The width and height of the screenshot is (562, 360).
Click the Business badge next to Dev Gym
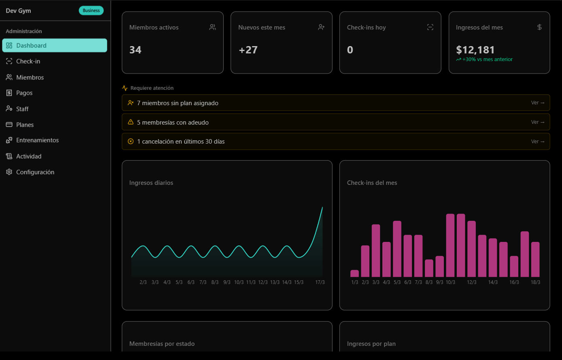tap(91, 11)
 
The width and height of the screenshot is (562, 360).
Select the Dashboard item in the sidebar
tap(55, 45)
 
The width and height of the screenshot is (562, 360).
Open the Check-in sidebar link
tap(28, 61)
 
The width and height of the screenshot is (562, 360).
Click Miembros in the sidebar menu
tap(30, 77)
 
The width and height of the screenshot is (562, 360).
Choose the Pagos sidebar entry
tap(24, 93)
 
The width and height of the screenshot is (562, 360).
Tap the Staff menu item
tap(22, 109)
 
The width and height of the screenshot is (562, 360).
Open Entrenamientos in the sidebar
tap(37, 140)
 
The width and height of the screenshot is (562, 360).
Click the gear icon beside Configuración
tap(9, 172)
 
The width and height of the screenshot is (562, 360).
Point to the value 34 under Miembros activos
tap(135, 50)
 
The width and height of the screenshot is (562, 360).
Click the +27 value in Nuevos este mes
tap(248, 50)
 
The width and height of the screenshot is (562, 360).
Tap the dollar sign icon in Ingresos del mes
tap(539, 27)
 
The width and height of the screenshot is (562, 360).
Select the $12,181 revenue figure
tap(475, 50)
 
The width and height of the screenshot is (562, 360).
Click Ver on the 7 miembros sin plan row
tap(538, 103)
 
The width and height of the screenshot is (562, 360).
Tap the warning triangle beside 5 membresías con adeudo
tap(131, 122)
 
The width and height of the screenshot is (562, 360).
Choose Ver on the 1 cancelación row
tap(538, 142)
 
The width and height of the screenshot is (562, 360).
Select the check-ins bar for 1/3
tap(354, 273)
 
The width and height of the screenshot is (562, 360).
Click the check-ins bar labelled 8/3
tap(429, 268)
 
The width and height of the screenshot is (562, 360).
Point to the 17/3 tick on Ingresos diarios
tap(320, 282)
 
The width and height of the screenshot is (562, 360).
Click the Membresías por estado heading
tap(162, 344)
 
